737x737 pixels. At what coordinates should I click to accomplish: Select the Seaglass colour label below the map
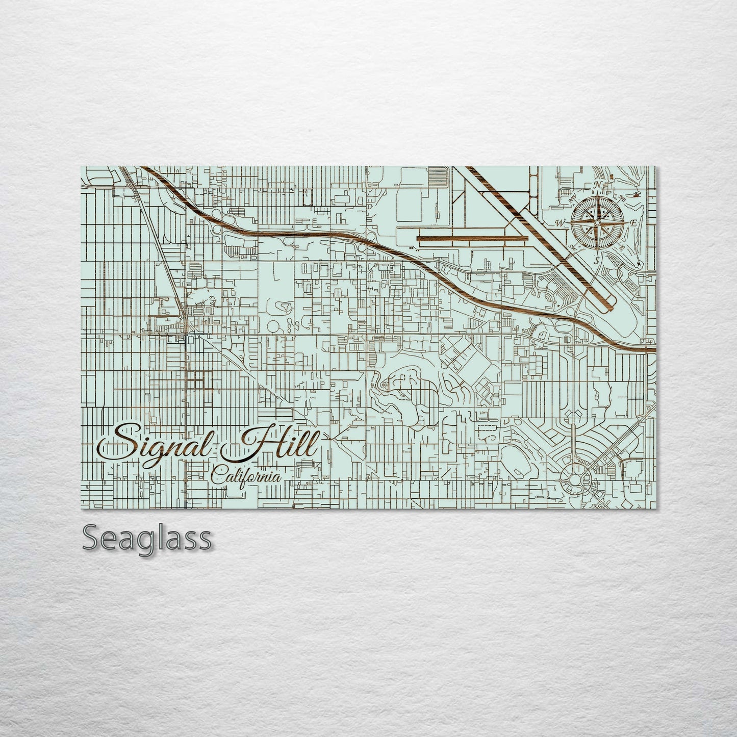pos(146,538)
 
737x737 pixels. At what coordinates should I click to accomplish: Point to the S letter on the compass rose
pos(596,260)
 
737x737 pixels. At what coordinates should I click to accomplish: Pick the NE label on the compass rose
pos(623,198)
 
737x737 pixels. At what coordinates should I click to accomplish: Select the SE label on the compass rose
pos(622,247)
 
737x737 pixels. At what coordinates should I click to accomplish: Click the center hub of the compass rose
pos(597,222)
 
